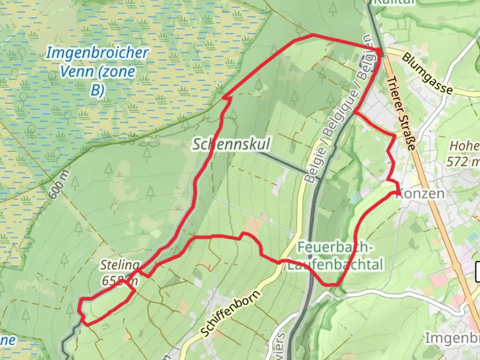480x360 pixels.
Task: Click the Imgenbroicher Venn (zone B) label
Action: pos(97,71)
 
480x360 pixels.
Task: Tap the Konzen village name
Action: pos(420,194)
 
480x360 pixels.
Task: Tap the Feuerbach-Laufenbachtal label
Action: pos(335,256)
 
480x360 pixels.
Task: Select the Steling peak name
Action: pos(120,265)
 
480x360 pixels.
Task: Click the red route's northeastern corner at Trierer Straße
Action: pos(380,50)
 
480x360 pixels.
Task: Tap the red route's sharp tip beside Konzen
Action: pos(399,193)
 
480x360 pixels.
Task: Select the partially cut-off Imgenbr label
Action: pos(452,338)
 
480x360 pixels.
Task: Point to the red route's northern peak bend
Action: pos(312,35)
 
